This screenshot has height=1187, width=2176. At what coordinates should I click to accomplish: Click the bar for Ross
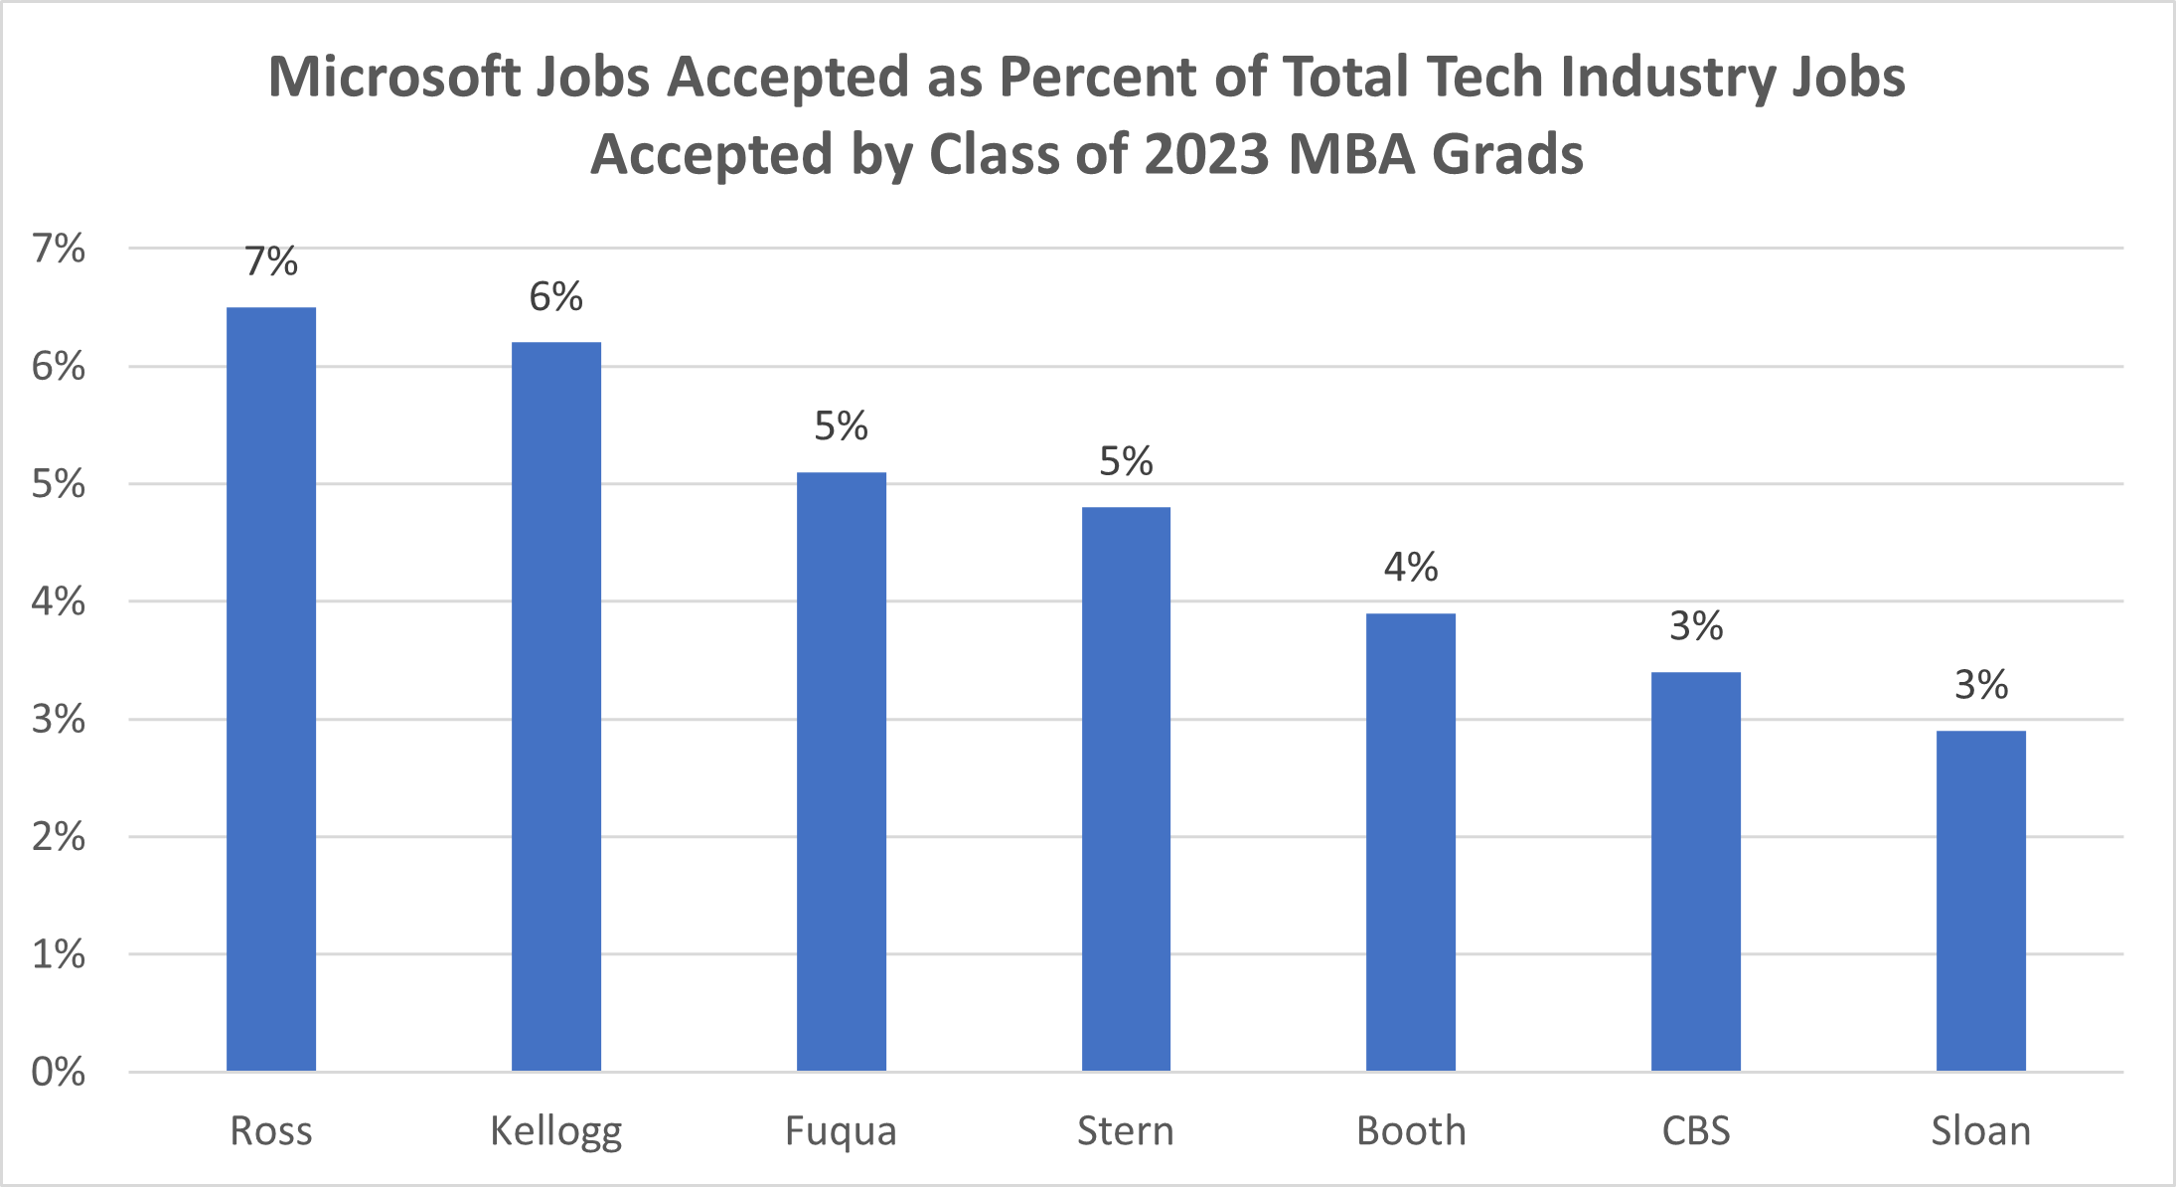[271, 689]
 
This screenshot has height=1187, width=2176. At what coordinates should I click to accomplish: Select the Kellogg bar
[556, 706]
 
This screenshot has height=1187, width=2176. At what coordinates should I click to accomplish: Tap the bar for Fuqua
[841, 771]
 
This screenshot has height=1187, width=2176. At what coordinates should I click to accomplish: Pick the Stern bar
[1126, 788]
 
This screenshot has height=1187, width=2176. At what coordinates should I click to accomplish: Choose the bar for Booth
[1411, 842]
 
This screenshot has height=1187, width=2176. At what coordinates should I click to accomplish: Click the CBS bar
[1696, 871]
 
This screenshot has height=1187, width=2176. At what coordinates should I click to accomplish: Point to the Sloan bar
[1980, 901]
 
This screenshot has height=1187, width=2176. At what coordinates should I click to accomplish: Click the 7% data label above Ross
[271, 261]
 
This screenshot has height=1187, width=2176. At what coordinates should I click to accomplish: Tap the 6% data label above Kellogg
[556, 296]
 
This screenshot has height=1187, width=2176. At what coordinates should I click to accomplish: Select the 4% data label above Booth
[1411, 567]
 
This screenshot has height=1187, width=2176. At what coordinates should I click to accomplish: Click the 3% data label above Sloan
[1980, 684]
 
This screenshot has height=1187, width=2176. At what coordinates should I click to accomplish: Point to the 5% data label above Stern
[1126, 460]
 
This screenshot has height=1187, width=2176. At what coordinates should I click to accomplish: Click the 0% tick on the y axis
[59, 1072]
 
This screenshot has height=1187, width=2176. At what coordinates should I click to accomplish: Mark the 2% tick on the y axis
[59, 837]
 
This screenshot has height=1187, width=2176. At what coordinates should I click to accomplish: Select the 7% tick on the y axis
[59, 249]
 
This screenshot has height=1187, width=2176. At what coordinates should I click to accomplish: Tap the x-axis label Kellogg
[556, 1131]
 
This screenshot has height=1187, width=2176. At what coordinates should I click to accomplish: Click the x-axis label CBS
[1696, 1131]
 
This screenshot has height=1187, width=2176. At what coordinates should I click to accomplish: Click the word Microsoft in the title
[393, 77]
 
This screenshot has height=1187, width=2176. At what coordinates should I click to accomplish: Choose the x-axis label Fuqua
[841, 1131]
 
